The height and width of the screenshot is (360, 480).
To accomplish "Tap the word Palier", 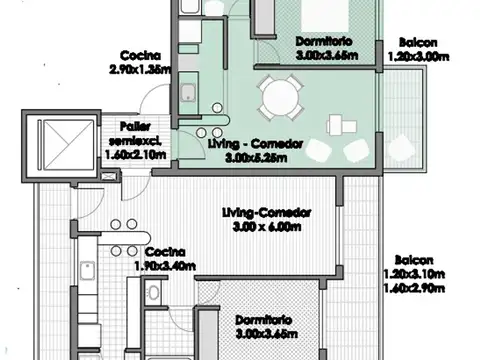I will point(134,127).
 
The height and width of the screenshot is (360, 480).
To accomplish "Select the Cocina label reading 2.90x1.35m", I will point(140,70).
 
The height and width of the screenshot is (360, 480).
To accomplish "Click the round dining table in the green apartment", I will point(276,98).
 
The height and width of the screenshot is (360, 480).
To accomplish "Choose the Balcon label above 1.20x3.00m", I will point(418,43).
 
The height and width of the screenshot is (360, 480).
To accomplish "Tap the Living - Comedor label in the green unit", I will point(256,144).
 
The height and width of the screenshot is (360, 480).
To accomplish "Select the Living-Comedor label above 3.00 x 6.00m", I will point(267,213).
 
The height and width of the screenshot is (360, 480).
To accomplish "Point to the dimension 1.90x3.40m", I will point(165,267).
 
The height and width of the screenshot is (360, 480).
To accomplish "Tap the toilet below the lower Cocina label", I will point(153,291).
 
